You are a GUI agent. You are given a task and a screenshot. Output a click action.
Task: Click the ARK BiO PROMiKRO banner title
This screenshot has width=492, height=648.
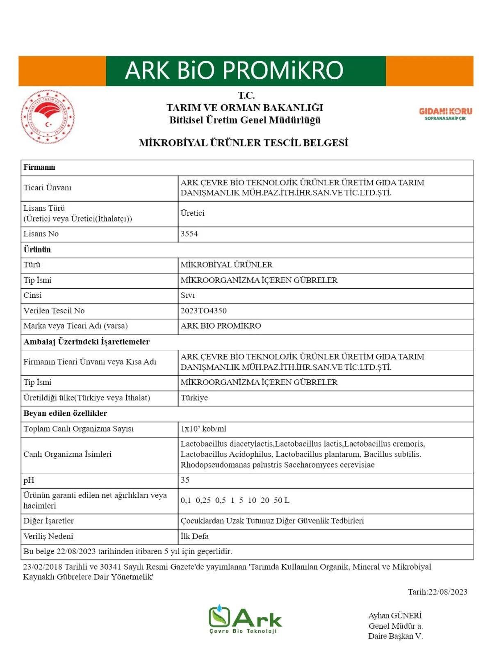tap(234, 70)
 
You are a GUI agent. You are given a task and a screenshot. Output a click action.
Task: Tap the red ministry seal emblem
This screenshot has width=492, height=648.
tap(48, 116)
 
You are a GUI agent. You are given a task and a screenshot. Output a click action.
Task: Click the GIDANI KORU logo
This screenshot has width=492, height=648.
tap(445, 114)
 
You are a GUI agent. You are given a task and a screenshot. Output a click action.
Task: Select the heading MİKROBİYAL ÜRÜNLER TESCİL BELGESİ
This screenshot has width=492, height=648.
tap(244, 143)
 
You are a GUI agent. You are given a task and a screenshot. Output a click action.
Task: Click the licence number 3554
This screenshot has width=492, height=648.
tap(189, 234)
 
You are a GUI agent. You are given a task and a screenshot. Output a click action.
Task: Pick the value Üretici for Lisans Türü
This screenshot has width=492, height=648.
tap(192, 213)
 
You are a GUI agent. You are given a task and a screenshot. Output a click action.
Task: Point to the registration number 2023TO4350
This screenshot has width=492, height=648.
tap(203, 310)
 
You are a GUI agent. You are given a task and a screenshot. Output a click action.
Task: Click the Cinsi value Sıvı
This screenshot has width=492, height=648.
tap(188, 295)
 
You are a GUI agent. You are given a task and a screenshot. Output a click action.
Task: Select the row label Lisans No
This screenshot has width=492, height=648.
tap(41, 234)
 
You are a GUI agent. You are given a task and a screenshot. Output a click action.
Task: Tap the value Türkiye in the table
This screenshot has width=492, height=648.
tap(194, 398)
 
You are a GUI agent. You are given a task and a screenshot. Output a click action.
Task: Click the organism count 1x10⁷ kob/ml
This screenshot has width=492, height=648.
tap(203, 429)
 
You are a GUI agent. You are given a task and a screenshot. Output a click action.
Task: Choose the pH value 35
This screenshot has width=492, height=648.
tap(185, 480)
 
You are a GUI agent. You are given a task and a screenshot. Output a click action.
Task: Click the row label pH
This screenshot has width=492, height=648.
tap(29, 480)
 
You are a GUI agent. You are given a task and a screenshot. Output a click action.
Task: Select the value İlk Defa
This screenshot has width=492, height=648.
tap(194, 536)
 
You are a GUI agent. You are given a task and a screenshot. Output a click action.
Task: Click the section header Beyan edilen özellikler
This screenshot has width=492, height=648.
tap(65, 413)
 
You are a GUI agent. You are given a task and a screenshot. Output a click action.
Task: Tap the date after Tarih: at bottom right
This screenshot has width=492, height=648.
tap(448, 592)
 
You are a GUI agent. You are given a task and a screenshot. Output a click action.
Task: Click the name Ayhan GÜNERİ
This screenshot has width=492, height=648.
tap(395, 616)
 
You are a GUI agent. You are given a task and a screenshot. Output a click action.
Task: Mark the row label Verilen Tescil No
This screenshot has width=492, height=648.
tap(54, 310)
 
